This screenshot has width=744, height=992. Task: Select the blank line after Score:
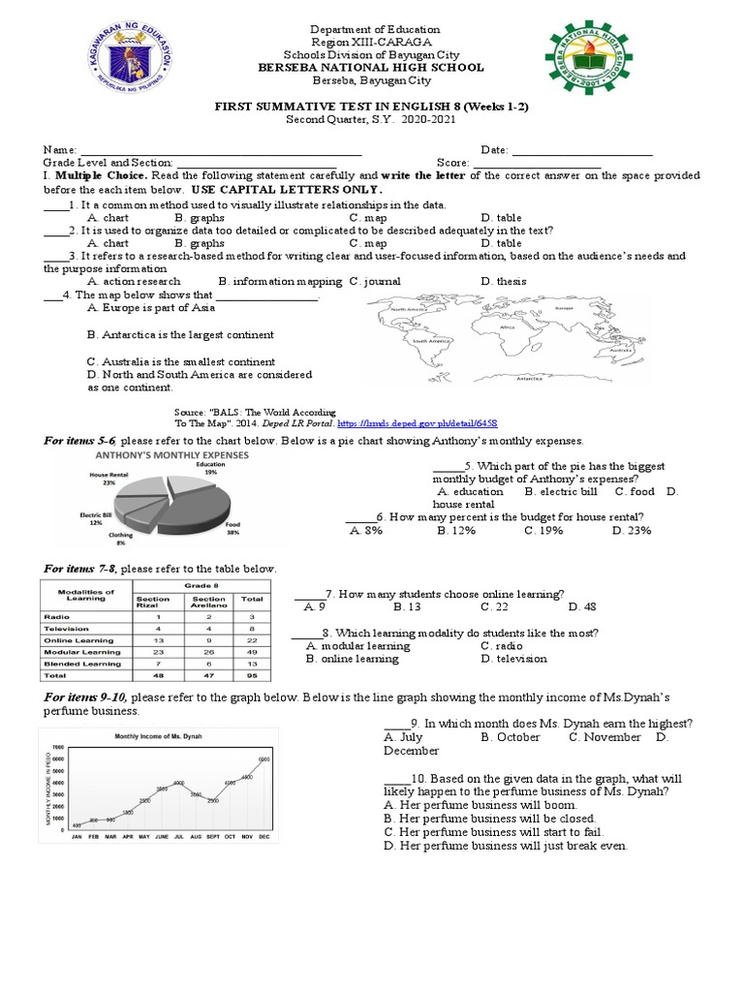point(537,164)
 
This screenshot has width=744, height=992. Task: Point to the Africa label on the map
point(507,327)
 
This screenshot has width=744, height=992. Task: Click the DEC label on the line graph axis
point(263,835)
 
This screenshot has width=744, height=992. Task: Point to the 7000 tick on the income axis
point(57,747)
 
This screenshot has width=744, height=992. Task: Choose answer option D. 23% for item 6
point(632,530)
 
